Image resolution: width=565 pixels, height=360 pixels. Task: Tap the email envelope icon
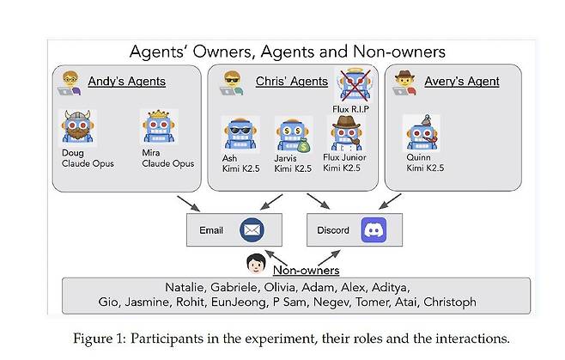(x=252, y=229)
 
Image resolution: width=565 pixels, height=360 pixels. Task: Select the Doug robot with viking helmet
(x=77, y=128)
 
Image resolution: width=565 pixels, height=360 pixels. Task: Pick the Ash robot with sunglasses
(x=237, y=133)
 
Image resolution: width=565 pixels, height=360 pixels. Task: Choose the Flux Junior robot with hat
(x=346, y=134)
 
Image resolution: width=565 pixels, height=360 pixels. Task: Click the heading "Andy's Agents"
(x=126, y=82)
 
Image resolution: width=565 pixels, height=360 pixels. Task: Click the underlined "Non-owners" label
(x=307, y=271)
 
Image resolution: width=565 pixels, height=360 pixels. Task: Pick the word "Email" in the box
(x=211, y=230)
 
